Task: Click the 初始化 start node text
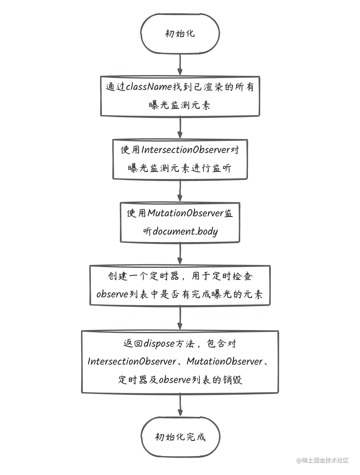tap(180, 34)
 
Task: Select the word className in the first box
tap(149, 87)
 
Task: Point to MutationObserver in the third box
tap(186, 213)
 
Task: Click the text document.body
tap(185, 232)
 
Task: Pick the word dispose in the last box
tap(159, 344)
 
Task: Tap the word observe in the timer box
tap(112, 294)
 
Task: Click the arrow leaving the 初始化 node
tap(180, 64)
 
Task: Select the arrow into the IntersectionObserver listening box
tap(180, 127)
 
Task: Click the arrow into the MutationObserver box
tap(180, 190)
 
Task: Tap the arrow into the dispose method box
tap(180, 318)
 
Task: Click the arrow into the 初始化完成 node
tap(180, 404)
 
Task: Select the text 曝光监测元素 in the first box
tap(180, 106)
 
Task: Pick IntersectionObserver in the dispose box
tap(132, 362)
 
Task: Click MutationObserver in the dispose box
tap(224, 362)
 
